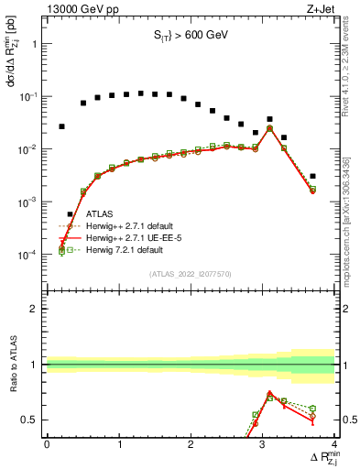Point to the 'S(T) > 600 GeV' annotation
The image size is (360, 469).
pos(191,36)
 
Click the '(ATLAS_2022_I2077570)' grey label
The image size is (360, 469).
pos(191,273)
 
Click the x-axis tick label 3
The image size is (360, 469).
pos(263,444)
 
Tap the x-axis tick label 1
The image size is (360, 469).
pos(119,444)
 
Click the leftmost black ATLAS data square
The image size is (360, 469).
pos(61,126)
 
